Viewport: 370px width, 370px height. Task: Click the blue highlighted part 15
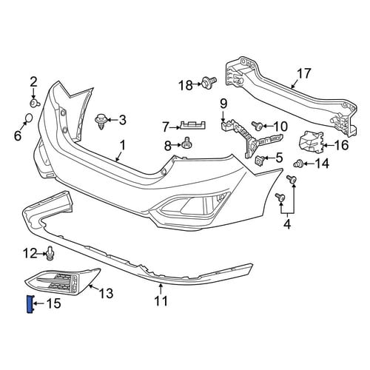pyautogui.click(x=30, y=303)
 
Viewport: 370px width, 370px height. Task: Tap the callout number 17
pyautogui.click(x=303, y=73)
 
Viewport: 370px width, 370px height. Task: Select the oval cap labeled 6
pyautogui.click(x=29, y=118)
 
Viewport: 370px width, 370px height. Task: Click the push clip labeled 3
pyautogui.click(x=101, y=121)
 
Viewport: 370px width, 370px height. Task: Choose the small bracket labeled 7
pyautogui.click(x=193, y=125)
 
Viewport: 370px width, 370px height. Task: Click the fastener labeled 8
pyautogui.click(x=187, y=143)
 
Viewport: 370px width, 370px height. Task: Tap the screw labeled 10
pyautogui.click(x=257, y=126)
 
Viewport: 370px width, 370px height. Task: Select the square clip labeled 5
pyautogui.click(x=259, y=161)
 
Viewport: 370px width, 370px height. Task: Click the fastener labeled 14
pyautogui.click(x=298, y=164)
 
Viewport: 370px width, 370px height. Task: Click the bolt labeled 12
pyautogui.click(x=50, y=253)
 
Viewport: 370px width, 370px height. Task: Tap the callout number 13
pyautogui.click(x=107, y=293)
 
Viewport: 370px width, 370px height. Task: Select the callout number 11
pyautogui.click(x=161, y=301)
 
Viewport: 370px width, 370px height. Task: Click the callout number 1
pyautogui.click(x=123, y=145)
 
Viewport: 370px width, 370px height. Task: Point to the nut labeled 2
pyautogui.click(x=34, y=103)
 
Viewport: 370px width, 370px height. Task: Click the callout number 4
pyautogui.click(x=287, y=223)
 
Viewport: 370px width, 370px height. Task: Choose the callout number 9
pyautogui.click(x=223, y=104)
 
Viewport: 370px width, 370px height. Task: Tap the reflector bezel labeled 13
pyautogui.click(x=63, y=281)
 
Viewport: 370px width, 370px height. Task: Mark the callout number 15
pyautogui.click(x=54, y=303)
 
